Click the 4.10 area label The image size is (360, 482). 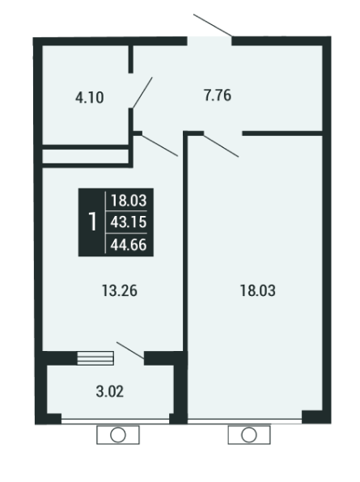pos(90,98)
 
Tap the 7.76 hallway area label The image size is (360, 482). pos(218,95)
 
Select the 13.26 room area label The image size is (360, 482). pos(119,291)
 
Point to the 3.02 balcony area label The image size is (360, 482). pos(110,391)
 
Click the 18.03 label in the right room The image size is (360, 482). pos(257,291)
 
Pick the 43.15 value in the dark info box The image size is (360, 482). pos(129,222)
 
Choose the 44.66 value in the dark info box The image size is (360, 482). pos(129,245)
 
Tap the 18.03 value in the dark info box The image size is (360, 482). pos(129,201)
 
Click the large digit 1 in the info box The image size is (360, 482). pos(92,222)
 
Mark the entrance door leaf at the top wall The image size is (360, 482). pos(213,25)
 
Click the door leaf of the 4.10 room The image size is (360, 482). pos(142,93)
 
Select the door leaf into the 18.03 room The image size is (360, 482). pos(222,146)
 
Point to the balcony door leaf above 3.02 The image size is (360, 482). pos(130,350)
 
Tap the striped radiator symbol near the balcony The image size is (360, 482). pos(95,358)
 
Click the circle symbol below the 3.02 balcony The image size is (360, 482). pos(118,435)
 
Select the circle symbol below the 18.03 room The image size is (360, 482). pos(249,435)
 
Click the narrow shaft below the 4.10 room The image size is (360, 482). pos(85,156)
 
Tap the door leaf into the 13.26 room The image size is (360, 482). pos(160,145)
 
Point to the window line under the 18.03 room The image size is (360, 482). pos(244,421)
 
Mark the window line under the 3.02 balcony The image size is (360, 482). pos(116,421)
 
